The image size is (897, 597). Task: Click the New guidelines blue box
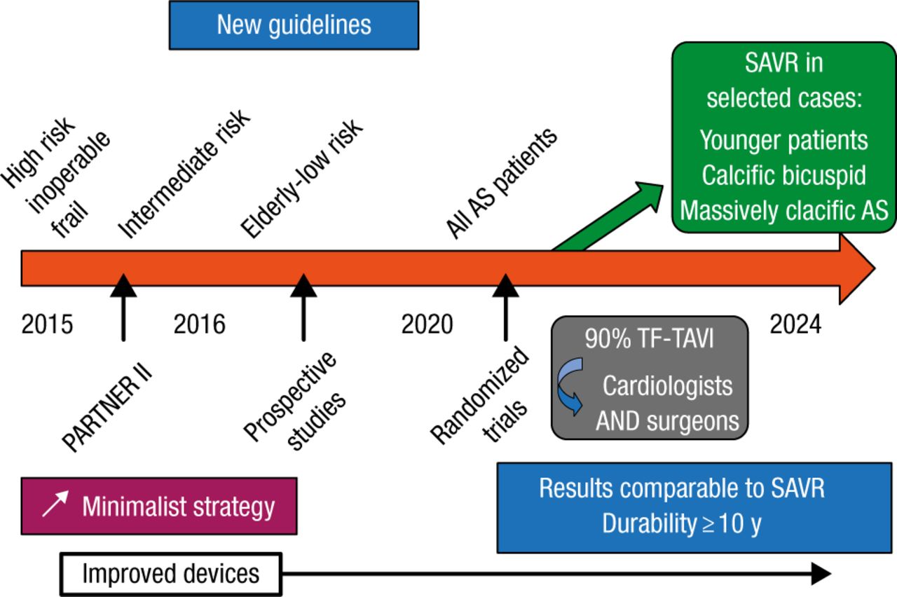point(294,25)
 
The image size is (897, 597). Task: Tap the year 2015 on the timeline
point(47,325)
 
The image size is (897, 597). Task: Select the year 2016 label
point(200,325)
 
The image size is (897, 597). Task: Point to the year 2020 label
point(427,325)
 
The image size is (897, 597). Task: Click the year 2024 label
point(795,325)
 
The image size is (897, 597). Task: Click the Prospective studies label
point(295,402)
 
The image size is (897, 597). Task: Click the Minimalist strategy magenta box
point(159,506)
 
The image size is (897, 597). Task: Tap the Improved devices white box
point(171,574)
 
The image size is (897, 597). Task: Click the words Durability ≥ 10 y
point(680,525)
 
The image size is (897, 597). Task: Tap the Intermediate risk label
point(184,175)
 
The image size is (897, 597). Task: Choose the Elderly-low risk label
point(301,178)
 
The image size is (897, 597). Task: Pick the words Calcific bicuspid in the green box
point(783,175)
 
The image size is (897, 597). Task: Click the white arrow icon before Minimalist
point(55,505)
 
